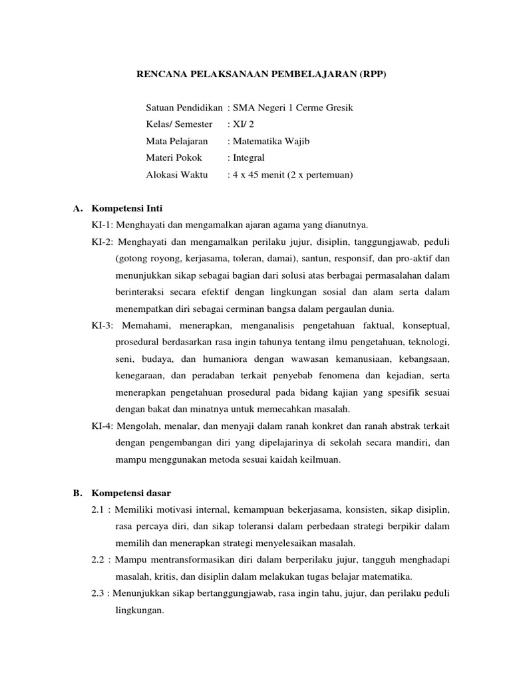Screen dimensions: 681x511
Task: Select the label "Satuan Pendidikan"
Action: pyautogui.click(x=184, y=107)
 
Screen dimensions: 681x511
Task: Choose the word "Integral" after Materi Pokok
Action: pyautogui.click(x=248, y=158)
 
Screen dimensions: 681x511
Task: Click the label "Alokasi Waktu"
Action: pyautogui.click(x=176, y=176)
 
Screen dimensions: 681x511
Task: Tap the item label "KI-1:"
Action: pyautogui.click(x=103, y=225)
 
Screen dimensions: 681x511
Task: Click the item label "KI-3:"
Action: pyautogui.click(x=103, y=325)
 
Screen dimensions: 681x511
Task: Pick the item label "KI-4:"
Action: pyautogui.click(x=103, y=426)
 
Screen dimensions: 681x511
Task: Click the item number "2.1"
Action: pyautogui.click(x=98, y=510)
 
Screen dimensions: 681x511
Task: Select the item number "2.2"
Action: pyautogui.click(x=98, y=559)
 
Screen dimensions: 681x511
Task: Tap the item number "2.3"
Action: pyautogui.click(x=98, y=594)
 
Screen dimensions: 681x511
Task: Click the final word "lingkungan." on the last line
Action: pyautogui.click(x=139, y=611)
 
